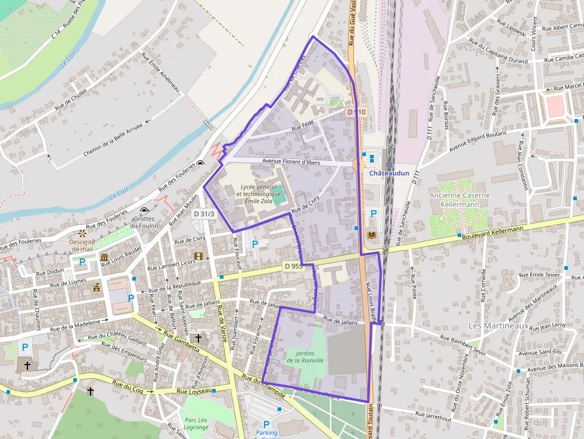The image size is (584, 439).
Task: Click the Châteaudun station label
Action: pyautogui.click(x=389, y=173)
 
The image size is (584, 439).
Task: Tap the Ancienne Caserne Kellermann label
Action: pyautogui.click(x=459, y=200)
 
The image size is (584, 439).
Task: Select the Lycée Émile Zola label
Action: pyautogui.click(x=258, y=194)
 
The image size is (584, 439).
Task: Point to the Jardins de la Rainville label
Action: pyautogui.click(x=305, y=357)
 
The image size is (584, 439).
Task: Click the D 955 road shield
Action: pyautogui.click(x=293, y=266)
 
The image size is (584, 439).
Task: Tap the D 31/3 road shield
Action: pyautogui.click(x=204, y=213)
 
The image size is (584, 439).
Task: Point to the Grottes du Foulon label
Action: pyautogui.click(x=144, y=222)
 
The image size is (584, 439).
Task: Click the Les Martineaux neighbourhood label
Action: pyautogui.click(x=498, y=326)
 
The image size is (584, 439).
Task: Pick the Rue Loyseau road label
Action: pyautogui.click(x=194, y=391)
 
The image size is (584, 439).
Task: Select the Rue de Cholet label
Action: pyautogui.click(x=70, y=99)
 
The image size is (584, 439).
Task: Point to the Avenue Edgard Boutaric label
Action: pyautogui.click(x=477, y=141)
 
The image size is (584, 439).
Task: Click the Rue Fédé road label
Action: pyautogui.click(x=302, y=126)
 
